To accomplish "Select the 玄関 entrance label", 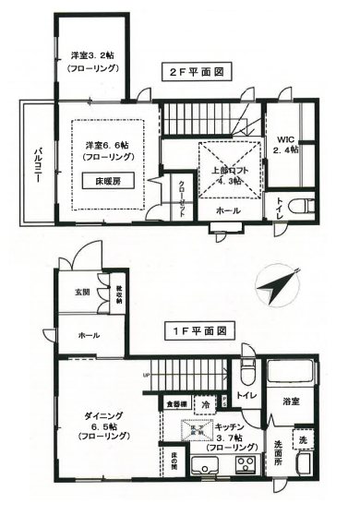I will click(x=81, y=293).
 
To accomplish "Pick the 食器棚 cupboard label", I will click(x=177, y=404).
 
